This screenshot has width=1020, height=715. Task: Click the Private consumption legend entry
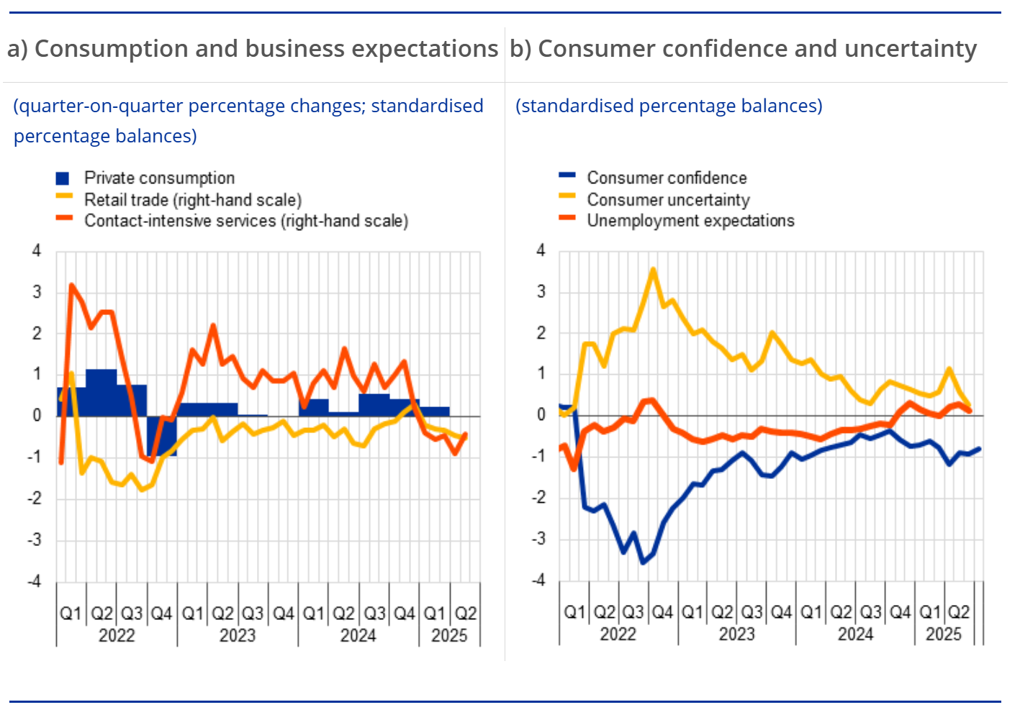point(159,178)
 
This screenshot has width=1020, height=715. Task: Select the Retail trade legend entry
point(192,199)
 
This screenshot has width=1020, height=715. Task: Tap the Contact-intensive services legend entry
point(245,221)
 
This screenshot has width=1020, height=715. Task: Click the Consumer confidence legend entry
point(667,178)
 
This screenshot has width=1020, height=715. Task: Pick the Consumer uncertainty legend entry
point(668,199)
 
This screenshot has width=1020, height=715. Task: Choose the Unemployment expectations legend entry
point(690,221)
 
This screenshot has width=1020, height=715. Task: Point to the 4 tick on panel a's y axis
point(37,251)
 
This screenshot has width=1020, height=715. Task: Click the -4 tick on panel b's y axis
point(538,580)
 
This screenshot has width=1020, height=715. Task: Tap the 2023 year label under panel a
point(238,635)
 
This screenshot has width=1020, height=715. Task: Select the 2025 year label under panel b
point(943,634)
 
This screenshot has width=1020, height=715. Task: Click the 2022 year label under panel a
point(117,635)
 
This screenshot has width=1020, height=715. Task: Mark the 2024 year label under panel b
point(855,634)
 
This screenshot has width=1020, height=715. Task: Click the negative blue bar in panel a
point(162,435)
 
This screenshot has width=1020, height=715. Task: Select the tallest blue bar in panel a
point(101,392)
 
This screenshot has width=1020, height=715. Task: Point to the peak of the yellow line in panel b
point(653,270)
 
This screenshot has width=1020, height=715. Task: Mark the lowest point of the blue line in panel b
point(643,562)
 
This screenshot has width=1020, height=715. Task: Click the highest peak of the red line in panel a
point(71,286)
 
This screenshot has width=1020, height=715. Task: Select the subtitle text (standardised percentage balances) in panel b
point(669,106)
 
